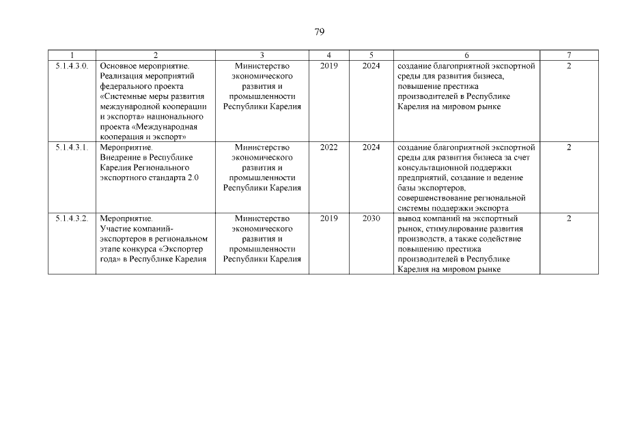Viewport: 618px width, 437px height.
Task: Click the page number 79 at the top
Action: click(320, 32)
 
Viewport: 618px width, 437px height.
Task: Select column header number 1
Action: click(71, 55)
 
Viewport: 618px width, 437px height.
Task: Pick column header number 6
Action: click(466, 55)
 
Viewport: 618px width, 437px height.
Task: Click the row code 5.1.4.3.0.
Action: click(71, 66)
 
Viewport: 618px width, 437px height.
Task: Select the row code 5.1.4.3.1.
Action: click(71, 147)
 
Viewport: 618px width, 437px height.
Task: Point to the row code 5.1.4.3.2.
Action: click(71, 218)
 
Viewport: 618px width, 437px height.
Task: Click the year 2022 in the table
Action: click(328, 147)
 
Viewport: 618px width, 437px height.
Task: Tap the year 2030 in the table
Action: click(371, 218)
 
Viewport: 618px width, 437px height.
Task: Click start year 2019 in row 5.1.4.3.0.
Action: click(328, 66)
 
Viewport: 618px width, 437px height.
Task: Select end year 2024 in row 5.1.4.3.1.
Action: click(371, 147)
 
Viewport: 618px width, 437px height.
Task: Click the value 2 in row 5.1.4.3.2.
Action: click(569, 218)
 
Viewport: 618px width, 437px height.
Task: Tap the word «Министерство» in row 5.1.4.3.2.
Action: click(262, 218)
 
